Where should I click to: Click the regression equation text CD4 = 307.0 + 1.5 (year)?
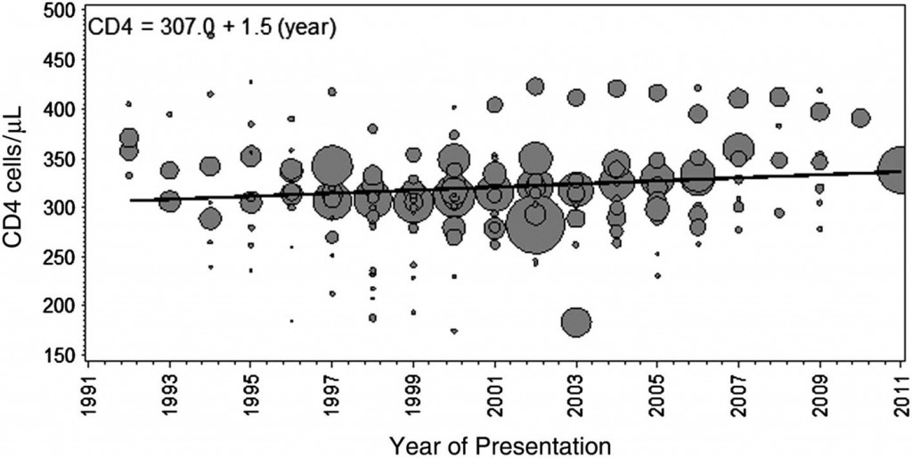click(x=210, y=29)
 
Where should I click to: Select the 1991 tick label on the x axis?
click(x=88, y=393)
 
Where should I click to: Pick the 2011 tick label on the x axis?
click(x=900, y=393)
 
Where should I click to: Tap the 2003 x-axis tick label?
click(x=576, y=393)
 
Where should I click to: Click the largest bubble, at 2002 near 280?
click(x=535, y=229)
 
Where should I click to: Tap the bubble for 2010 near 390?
click(x=860, y=118)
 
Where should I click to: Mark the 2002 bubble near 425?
click(x=535, y=86)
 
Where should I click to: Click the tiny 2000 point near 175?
click(x=454, y=331)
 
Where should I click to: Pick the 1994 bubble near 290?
click(x=210, y=218)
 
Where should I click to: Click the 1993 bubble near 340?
click(x=169, y=170)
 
